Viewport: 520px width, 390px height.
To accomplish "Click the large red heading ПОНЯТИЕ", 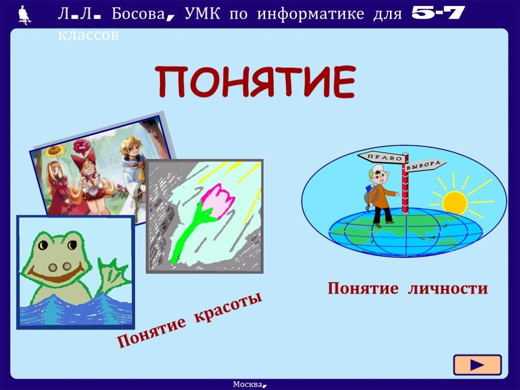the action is click(256, 82).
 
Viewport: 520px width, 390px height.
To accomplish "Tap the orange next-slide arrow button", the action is click(477, 365).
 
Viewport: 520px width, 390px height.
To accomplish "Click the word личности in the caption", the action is click(448, 288).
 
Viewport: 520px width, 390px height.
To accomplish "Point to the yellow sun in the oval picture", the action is click(454, 202).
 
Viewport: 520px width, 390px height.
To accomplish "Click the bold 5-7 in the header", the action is click(438, 13).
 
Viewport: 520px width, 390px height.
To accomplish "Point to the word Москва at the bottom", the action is click(248, 384).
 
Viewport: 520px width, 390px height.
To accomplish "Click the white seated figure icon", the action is click(24, 15).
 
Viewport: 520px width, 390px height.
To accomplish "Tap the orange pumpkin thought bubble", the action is click(54, 151).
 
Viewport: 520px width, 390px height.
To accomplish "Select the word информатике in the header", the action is click(310, 14).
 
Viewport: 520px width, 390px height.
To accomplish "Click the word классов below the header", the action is click(88, 35).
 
